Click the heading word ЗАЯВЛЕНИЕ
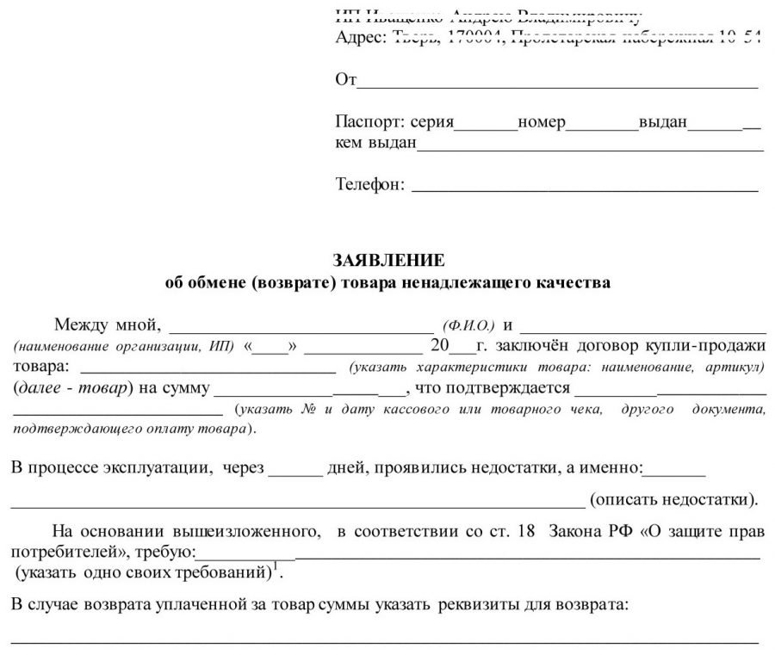(388, 259)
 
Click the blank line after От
(557, 84)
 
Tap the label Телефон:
(369, 183)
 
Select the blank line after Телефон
(586, 187)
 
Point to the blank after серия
(485, 127)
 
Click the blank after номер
(601, 127)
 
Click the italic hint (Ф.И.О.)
(468, 326)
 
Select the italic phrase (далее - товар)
(71, 387)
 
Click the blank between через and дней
(294, 473)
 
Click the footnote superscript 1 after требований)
(278, 566)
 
